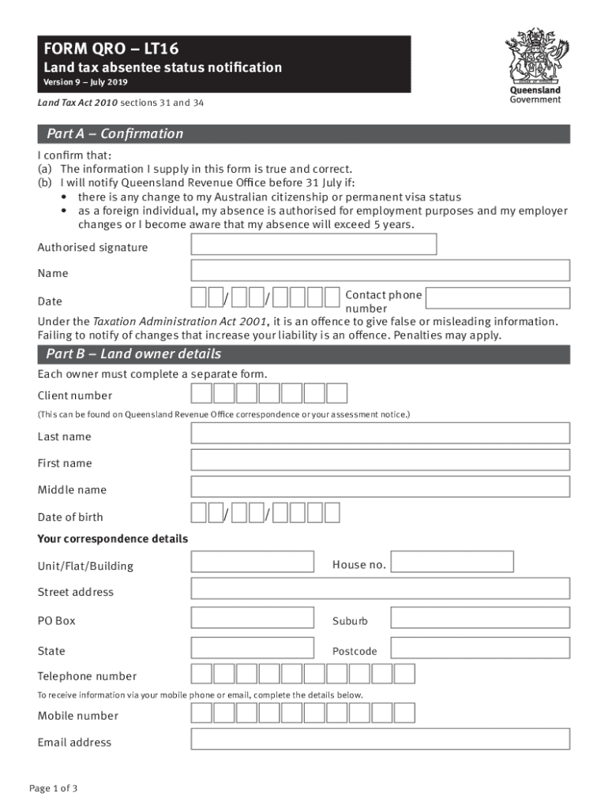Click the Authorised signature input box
(313, 245)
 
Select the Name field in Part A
(380, 271)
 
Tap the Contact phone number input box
(497, 297)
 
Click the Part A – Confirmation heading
(114, 133)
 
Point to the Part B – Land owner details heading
(133, 353)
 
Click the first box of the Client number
(202, 393)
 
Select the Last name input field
(380, 433)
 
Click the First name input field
(380, 460)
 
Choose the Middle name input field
(380, 487)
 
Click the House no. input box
(452, 562)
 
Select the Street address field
(380, 589)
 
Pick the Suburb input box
(480, 618)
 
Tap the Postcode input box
(480, 648)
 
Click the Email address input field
(380, 739)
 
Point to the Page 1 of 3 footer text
(53, 788)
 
